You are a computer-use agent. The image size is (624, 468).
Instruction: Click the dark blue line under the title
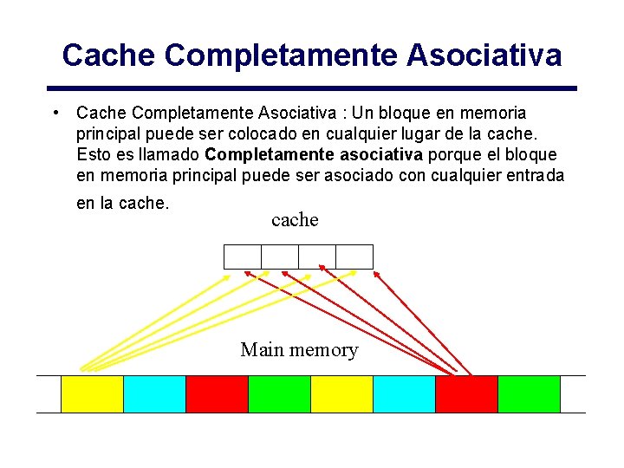point(312,88)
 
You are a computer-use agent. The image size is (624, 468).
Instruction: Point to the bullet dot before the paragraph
point(55,114)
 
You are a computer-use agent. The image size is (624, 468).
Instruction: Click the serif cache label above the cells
point(295,220)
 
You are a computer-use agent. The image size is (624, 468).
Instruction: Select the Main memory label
point(299,350)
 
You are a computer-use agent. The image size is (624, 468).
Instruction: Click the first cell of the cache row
point(242,257)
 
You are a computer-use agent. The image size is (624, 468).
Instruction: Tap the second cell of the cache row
point(279,257)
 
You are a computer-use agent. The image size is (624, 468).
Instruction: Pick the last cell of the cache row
point(354,257)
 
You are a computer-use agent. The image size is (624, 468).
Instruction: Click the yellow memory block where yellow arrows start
point(92,393)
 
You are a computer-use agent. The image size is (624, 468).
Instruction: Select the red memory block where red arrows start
point(466,393)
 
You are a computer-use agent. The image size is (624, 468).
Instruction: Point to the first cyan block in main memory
point(154,393)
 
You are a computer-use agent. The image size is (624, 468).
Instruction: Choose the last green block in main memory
point(529,393)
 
